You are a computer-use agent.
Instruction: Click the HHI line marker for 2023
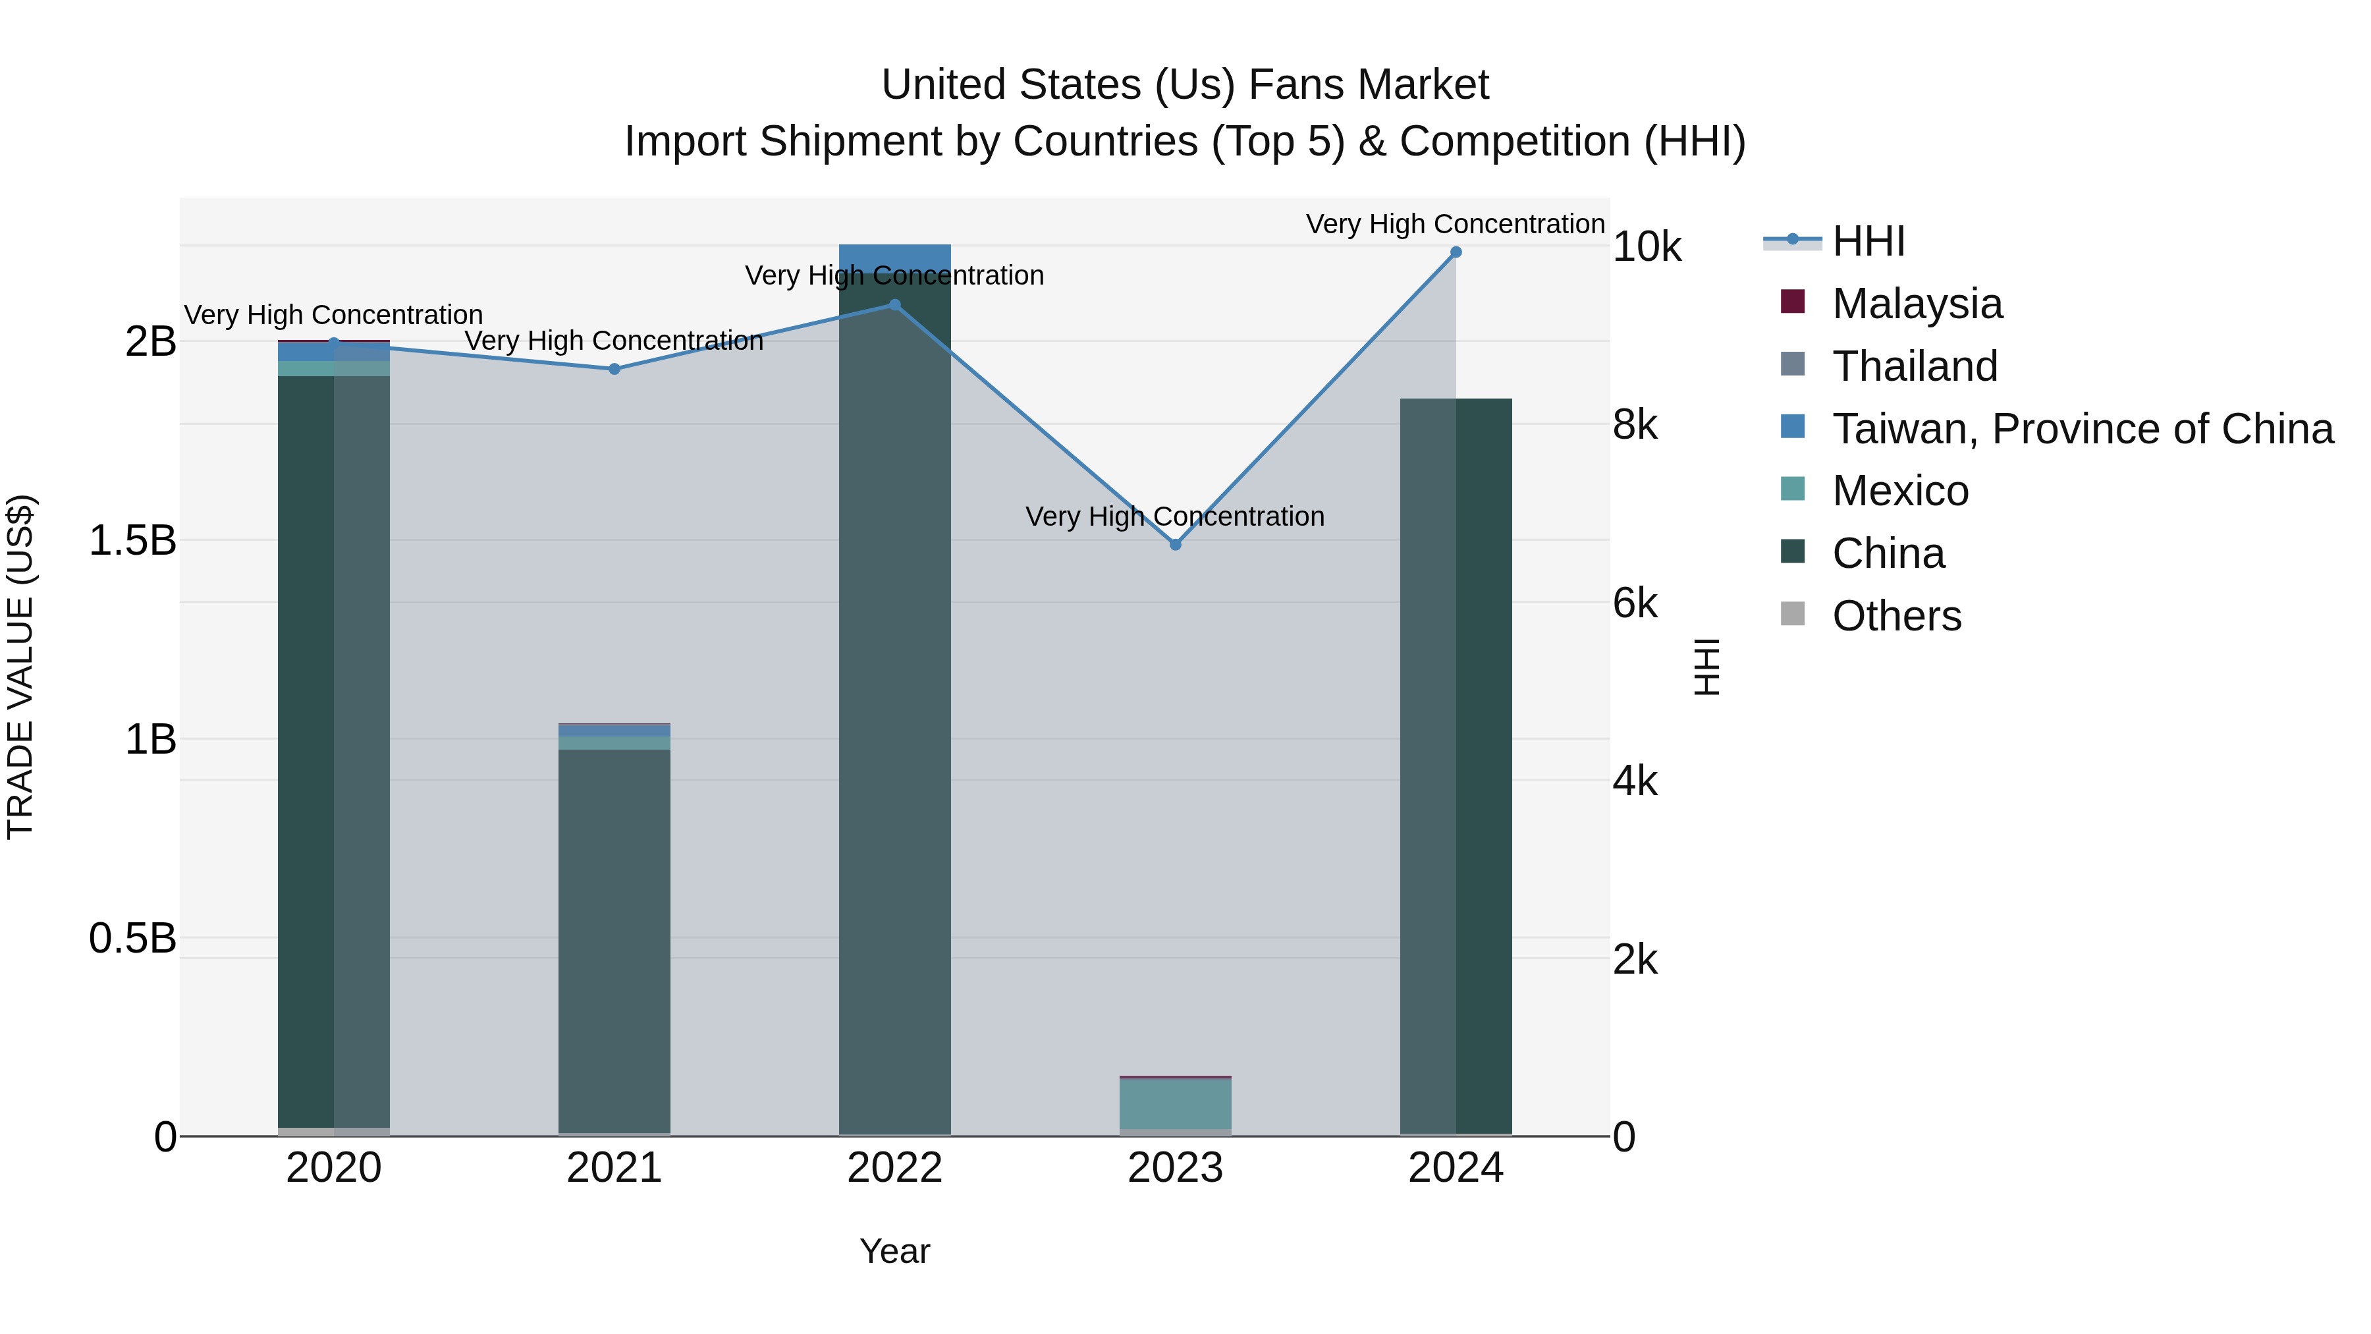1176,544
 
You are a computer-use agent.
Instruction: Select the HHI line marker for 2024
1455,252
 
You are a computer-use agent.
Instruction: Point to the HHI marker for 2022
894,305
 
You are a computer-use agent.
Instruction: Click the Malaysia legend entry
1917,304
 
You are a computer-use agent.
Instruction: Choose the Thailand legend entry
1915,366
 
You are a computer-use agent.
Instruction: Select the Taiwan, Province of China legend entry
2082,429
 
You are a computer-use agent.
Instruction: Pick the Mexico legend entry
1899,491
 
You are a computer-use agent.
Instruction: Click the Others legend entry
1896,616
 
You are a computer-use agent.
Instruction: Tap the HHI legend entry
1868,241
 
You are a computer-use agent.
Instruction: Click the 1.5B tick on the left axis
132,540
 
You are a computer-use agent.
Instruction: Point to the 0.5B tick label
132,938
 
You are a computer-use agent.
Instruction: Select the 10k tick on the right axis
1647,247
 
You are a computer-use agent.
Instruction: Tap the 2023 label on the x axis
1176,1168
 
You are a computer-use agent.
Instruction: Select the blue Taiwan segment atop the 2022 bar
894,257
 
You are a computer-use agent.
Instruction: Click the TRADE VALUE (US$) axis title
20,667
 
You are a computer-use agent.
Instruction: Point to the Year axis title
894,1251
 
